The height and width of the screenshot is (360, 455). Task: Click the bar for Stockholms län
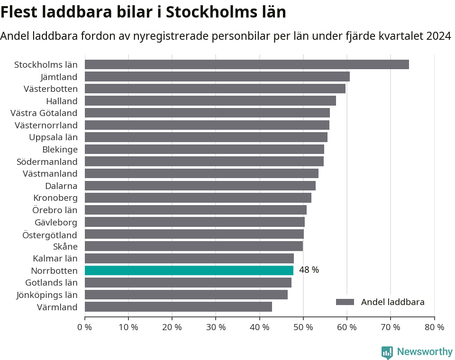[x=246, y=64]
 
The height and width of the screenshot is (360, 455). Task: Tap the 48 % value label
[x=309, y=270]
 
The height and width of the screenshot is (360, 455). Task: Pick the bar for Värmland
[x=178, y=307]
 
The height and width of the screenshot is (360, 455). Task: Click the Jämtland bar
[x=217, y=77]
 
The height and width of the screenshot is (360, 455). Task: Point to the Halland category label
[x=62, y=101]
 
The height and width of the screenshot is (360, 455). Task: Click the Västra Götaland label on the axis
[x=44, y=113]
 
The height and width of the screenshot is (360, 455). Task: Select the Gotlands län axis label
[x=51, y=283]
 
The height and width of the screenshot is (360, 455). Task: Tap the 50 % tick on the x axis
[x=303, y=327]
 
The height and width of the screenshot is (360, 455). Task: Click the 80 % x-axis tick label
[x=434, y=327]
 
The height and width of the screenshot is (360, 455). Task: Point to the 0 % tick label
[x=85, y=327]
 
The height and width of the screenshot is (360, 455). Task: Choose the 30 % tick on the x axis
[x=216, y=327]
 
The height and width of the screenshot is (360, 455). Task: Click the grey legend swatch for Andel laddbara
[x=345, y=302]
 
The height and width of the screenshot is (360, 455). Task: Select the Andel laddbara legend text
[x=392, y=302]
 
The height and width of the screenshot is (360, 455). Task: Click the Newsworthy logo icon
[x=387, y=352]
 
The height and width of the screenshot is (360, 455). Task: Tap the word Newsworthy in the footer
[x=425, y=352]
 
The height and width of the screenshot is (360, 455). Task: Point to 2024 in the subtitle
[x=438, y=36]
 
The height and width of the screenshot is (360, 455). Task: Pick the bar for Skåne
[x=193, y=246]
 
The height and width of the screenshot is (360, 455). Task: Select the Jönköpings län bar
[x=186, y=295]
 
